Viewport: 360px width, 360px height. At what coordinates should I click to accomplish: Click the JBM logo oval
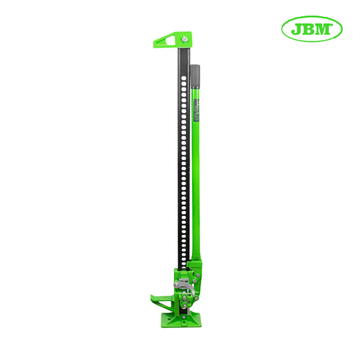[x=312, y=29]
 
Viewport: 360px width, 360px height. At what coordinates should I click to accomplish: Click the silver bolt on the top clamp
[x=185, y=39]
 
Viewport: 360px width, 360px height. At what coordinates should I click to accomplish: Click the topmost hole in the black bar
[x=184, y=78]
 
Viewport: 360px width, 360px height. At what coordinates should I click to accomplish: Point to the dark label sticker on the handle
[x=196, y=110]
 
